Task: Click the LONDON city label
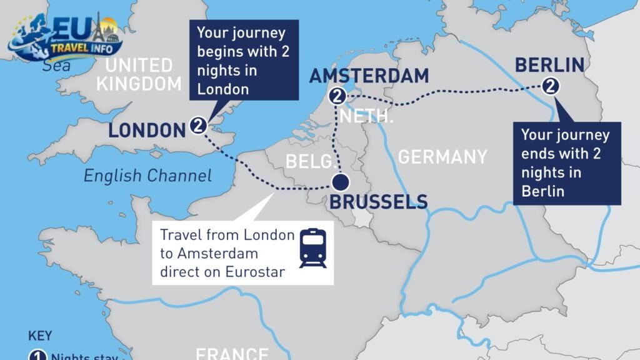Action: [x=147, y=130]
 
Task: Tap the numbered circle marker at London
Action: [x=198, y=126]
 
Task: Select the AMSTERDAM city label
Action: [x=369, y=76]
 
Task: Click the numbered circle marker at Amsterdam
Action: [x=337, y=97]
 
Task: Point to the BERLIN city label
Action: [x=549, y=64]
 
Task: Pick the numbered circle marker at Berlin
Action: [x=551, y=87]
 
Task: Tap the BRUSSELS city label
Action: [x=378, y=202]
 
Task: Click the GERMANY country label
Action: [x=442, y=156]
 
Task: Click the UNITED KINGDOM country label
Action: [x=139, y=74]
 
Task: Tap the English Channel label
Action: [x=147, y=176]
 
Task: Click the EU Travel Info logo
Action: [x=66, y=37]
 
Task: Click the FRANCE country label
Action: [x=232, y=353]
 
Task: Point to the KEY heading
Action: [x=40, y=336]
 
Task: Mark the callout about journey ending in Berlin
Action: [x=566, y=162]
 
